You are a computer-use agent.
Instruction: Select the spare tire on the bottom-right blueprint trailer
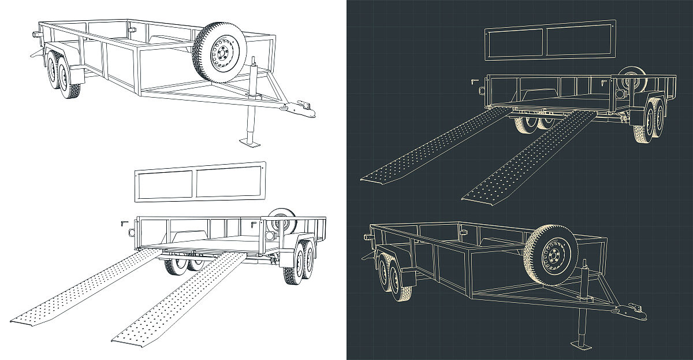551,255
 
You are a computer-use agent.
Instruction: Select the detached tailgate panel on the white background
199,181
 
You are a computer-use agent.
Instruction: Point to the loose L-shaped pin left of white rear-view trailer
122,223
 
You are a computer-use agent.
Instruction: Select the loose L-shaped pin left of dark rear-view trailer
473,81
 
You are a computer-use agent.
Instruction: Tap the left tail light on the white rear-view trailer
132,232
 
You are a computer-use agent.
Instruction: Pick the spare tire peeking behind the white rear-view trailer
282,221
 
